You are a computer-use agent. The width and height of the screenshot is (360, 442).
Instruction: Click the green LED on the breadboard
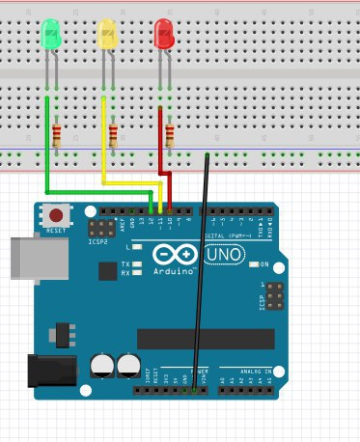[50, 36]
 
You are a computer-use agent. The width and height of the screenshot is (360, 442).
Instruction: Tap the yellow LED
[107, 36]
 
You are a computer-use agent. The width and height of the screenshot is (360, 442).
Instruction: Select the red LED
[164, 36]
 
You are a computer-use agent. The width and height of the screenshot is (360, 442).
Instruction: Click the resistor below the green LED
[57, 136]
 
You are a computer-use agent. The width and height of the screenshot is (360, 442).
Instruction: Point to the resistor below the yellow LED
[115, 134]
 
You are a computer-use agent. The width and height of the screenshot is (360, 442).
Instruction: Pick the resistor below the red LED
[170, 135]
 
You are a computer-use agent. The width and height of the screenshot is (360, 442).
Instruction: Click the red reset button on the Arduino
[57, 215]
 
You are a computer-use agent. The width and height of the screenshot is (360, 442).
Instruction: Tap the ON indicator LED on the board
[252, 263]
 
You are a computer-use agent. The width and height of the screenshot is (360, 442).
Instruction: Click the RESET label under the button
[57, 232]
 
